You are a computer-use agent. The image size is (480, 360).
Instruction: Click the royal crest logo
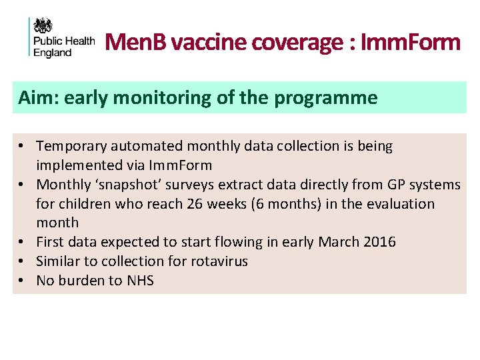(x=43, y=26)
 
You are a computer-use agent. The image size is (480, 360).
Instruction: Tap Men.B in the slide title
(x=135, y=43)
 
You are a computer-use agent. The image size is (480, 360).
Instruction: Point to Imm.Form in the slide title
(x=409, y=43)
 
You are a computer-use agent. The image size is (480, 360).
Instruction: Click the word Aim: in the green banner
(x=36, y=98)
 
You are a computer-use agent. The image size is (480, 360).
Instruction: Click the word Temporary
(x=72, y=146)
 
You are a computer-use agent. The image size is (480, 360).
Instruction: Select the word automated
(x=147, y=146)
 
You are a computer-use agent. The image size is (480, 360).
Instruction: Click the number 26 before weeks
(x=197, y=204)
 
